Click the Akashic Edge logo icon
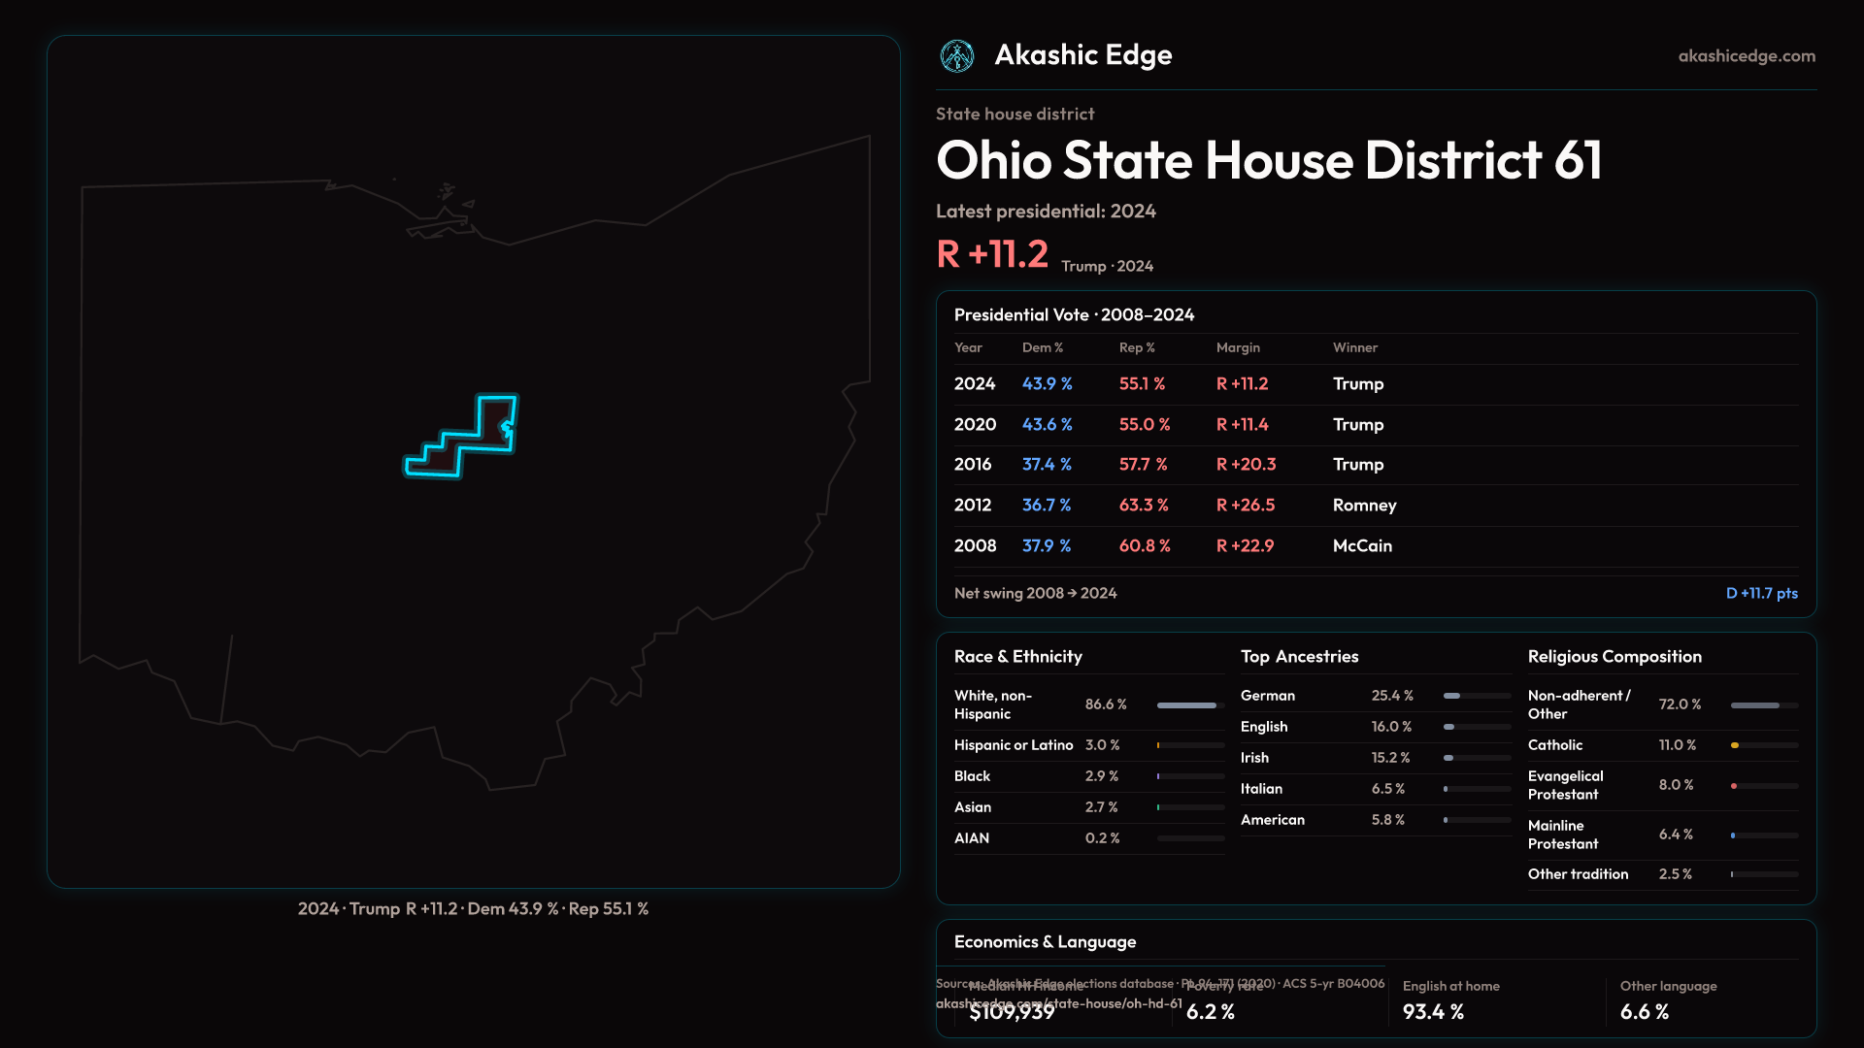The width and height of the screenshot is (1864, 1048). pos(957,56)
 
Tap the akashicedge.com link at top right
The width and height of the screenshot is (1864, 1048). pos(1747,56)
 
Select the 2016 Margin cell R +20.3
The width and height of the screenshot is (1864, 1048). pos(1246,465)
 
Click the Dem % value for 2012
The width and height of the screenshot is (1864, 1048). pos(1046,506)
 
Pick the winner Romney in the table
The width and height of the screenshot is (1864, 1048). pos(1364,506)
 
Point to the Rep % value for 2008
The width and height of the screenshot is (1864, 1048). pos(1144,546)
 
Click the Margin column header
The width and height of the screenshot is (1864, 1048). pos(1238,347)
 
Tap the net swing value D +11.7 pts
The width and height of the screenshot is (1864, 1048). pos(1761,593)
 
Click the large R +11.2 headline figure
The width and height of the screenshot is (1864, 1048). pos(992,254)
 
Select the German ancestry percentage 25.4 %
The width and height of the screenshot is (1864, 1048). pos(1392,696)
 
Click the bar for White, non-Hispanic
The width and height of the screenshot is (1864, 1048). pos(1186,705)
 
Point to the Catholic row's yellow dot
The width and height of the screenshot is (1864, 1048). pos(1735,745)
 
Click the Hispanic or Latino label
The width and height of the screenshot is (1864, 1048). pos(1013,745)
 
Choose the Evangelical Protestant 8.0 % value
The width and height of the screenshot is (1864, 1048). pos(1676,785)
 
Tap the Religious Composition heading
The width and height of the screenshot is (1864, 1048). pos(1614,657)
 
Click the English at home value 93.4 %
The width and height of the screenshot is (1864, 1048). pos(1433,1012)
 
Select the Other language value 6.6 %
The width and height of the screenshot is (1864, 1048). pos(1644,1012)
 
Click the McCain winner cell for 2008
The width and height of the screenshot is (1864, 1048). pos(1362,546)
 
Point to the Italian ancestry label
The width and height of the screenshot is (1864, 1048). pos(1261,789)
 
